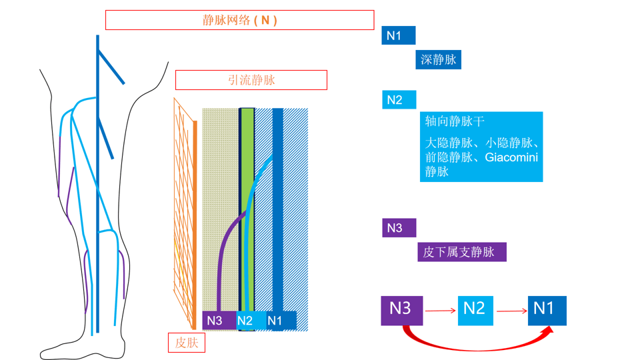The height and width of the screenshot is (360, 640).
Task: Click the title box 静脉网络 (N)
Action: (x=239, y=20)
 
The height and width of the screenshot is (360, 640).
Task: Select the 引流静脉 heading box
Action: (x=251, y=80)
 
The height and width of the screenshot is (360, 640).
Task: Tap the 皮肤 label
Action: (x=186, y=343)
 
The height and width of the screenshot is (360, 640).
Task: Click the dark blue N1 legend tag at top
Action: (x=398, y=35)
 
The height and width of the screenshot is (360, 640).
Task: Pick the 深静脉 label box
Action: (x=438, y=59)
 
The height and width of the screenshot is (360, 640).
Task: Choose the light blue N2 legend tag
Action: (x=399, y=100)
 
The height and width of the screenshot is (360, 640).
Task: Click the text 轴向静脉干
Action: (x=455, y=122)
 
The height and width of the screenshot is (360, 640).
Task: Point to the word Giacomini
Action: (x=511, y=157)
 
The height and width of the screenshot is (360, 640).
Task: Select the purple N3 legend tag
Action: (x=399, y=228)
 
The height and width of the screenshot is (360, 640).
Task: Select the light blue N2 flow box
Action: (x=475, y=309)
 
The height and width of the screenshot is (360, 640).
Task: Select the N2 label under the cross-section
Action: (x=245, y=321)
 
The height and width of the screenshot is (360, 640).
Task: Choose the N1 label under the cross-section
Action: (x=275, y=321)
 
